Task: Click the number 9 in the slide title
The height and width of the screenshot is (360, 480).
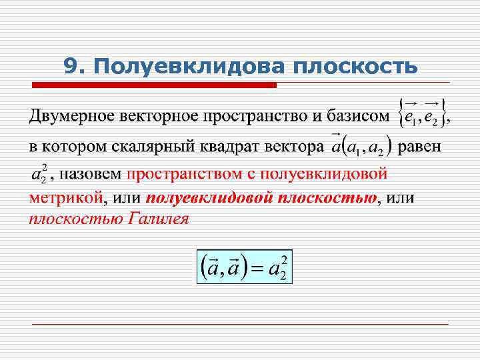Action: pyautogui.click(x=71, y=66)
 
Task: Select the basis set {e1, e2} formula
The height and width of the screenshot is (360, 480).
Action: pyautogui.click(x=421, y=115)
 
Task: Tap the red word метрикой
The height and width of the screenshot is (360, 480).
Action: pyautogui.click(x=66, y=197)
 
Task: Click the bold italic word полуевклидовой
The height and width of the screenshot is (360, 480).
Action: pyautogui.click(x=203, y=197)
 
